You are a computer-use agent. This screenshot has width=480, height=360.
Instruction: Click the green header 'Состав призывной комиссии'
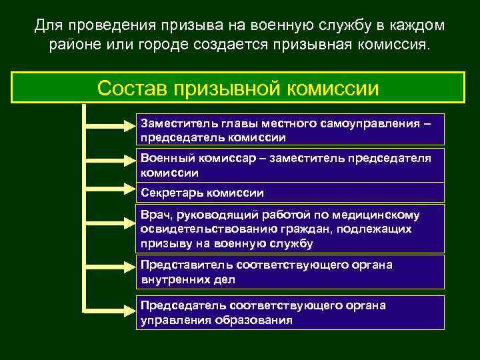click(239, 87)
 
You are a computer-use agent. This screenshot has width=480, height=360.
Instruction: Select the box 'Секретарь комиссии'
click(291, 193)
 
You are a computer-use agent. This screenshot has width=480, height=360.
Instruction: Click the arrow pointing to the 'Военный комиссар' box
click(110, 159)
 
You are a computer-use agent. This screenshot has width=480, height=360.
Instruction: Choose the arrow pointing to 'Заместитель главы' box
click(110, 124)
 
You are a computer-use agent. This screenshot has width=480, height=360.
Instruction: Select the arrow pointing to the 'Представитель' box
click(110, 264)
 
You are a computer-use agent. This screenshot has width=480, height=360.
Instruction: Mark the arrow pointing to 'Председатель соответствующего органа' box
click(110, 309)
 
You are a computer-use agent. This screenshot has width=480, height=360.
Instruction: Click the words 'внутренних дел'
click(187, 279)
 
